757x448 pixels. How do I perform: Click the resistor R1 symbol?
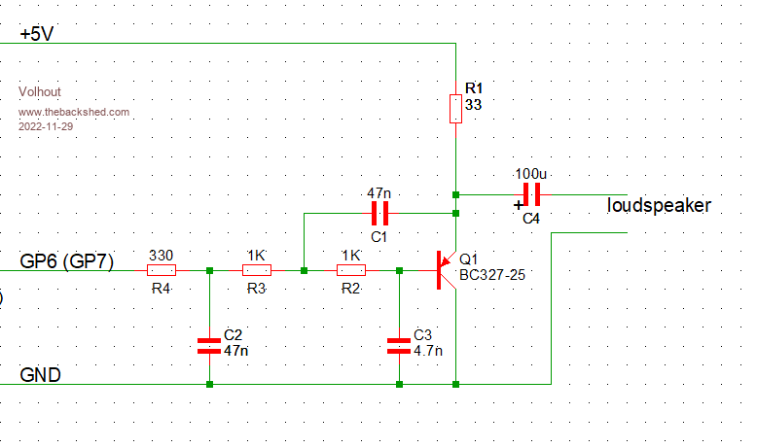point(455,109)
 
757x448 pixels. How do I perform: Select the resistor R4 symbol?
point(161,270)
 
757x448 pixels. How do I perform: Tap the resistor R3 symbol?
point(256,270)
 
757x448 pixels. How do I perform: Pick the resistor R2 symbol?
point(350,270)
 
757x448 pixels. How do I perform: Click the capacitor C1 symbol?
point(379,213)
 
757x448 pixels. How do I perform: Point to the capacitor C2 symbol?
point(209,343)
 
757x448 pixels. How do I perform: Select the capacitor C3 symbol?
point(399,343)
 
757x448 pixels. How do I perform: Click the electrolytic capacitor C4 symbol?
point(531,194)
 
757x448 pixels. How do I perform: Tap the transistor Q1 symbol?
point(445,270)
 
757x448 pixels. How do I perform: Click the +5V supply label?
point(37,35)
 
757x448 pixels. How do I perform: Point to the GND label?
point(42,375)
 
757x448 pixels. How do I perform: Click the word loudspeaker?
point(659,206)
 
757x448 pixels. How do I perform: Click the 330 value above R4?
point(161,255)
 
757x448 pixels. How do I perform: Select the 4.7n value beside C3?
point(428,350)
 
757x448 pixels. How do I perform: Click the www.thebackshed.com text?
point(74,113)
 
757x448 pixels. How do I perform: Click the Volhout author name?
point(40,92)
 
